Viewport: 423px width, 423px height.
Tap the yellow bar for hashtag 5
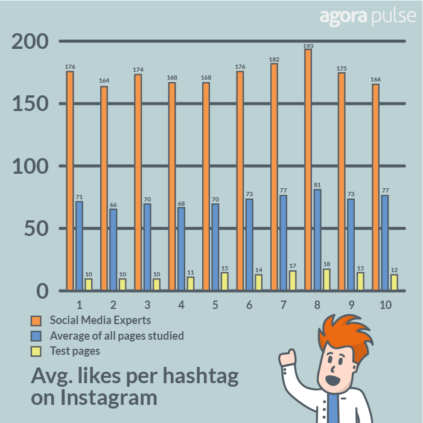224,281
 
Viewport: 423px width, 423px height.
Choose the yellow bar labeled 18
326,279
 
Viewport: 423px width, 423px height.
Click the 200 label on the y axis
30,42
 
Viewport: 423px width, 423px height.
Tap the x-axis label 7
282,305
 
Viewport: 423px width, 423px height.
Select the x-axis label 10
384,305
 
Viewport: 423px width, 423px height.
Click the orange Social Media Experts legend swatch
37,320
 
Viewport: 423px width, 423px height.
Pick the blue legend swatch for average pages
37,336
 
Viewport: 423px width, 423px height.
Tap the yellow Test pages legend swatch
37,351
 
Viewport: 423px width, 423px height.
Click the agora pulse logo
367,16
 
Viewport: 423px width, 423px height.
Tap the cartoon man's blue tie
332,410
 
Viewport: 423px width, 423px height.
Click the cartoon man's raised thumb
287,357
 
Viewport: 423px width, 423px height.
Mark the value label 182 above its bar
275,59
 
